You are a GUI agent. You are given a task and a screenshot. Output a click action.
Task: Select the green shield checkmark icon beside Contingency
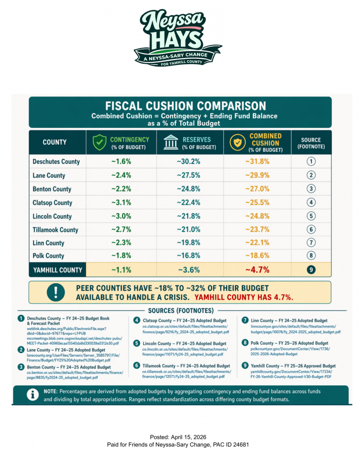point(99,142)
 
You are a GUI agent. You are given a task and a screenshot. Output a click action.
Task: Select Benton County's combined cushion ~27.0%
point(257,189)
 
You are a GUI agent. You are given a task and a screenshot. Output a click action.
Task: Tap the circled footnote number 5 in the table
point(311,216)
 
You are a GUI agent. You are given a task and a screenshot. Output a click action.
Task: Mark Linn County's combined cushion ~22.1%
point(257,243)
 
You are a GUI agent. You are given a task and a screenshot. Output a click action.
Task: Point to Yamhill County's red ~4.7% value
point(257,269)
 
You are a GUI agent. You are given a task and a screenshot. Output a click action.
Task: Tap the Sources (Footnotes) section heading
point(180,311)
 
